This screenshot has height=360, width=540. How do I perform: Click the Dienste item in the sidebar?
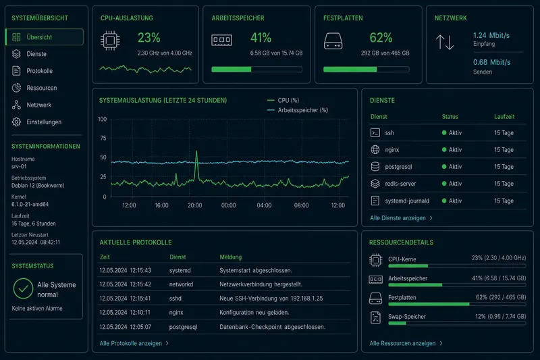36,54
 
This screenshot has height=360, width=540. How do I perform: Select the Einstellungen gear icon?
16,122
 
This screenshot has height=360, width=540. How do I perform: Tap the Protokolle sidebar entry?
39,71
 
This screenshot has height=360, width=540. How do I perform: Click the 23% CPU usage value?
148,38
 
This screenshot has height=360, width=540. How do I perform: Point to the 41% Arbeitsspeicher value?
261,38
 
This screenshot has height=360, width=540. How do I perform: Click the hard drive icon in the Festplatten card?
333,41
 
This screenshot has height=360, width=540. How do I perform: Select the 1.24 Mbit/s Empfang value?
491,35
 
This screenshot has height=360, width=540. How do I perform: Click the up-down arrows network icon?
445,42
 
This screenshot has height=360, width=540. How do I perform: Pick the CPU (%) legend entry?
283,100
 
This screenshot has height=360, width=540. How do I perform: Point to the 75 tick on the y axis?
103,138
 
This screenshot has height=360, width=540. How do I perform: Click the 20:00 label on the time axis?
194,205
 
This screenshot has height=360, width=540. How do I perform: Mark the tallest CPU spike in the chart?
196,151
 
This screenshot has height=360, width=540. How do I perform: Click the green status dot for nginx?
444,149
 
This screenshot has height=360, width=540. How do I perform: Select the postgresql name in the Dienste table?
398,167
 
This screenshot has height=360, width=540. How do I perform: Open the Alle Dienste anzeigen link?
401,218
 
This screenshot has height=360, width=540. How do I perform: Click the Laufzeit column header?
504,117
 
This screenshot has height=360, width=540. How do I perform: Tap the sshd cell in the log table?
175,299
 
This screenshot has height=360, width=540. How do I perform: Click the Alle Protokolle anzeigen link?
134,344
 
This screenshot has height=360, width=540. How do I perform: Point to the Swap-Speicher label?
407,317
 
